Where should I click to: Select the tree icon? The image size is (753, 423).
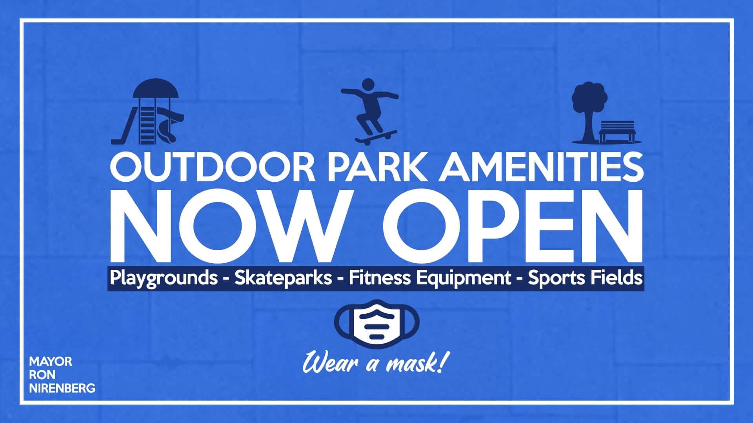pyautogui.click(x=589, y=110)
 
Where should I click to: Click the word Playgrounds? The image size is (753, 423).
pyautogui.click(x=164, y=278)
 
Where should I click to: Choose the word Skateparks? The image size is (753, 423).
pyautogui.click(x=283, y=278)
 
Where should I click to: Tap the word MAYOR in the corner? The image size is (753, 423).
pyautogui.click(x=51, y=361)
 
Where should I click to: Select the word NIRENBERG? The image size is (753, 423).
pyautogui.click(x=62, y=388)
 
